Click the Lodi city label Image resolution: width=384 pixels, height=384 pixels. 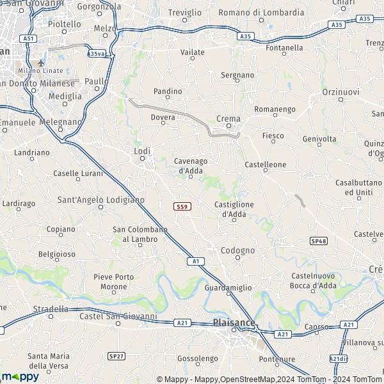coord(142,151)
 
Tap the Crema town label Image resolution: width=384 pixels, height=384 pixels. coord(228,118)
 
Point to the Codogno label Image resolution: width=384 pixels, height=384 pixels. coord(237,250)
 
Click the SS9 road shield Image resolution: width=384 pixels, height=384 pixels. coord(182,206)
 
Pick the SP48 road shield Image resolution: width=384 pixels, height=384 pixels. coord(318,241)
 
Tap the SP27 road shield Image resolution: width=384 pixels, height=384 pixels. coord(116,355)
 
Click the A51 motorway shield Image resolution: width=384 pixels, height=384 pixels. coord(28,38)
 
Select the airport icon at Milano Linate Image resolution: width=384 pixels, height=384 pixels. coord(42,63)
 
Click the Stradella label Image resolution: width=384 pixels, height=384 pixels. coord(51,308)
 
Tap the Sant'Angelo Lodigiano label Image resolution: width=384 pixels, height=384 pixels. coord(101,200)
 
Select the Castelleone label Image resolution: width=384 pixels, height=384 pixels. coord(266,164)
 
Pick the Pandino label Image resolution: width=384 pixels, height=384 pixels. coord(168,92)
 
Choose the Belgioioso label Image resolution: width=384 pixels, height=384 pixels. coord(56,254)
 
